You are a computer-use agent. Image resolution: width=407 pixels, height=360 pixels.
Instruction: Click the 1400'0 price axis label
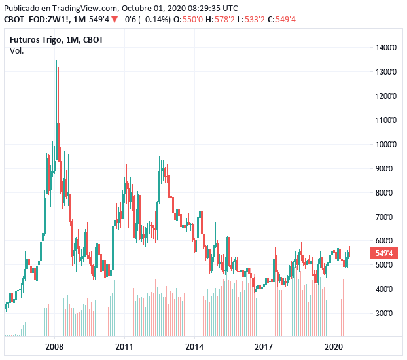click(383, 48)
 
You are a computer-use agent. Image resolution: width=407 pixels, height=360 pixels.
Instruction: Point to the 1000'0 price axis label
click(383, 145)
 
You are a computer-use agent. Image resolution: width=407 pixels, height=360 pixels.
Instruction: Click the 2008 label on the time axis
click(54, 346)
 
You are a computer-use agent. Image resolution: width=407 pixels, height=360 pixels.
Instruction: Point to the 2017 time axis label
click(264, 346)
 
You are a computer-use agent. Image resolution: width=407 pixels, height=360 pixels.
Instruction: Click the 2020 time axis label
click(334, 346)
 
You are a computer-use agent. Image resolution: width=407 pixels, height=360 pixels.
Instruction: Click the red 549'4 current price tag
click(382, 253)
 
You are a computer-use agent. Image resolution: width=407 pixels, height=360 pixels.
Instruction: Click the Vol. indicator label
click(16, 51)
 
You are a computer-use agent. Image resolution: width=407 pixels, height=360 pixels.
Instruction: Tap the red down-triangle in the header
click(115, 19)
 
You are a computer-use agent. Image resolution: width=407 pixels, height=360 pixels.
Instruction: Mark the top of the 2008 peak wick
click(56, 60)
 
